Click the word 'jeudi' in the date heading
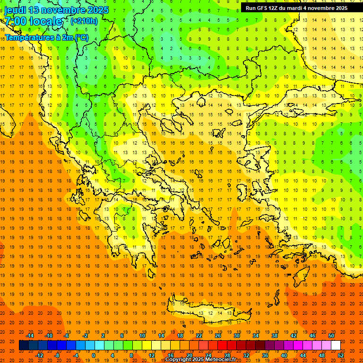15,10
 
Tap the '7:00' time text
16,21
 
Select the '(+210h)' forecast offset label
84,21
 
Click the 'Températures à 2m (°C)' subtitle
46,37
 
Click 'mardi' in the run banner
294,8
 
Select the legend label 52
340,355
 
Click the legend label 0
93,355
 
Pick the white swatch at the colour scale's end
336,346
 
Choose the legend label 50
331,335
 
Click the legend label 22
199,335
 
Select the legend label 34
256,335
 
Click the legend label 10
142,335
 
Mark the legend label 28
227,355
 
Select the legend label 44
303,355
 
